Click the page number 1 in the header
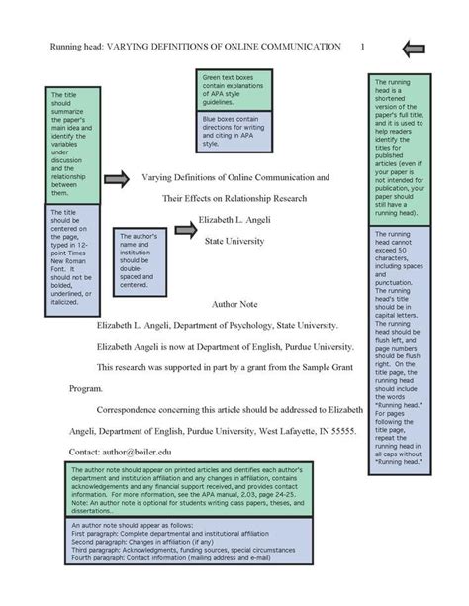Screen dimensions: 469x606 point(363,47)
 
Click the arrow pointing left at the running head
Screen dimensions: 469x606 point(414,47)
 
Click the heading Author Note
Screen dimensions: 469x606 point(234,304)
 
